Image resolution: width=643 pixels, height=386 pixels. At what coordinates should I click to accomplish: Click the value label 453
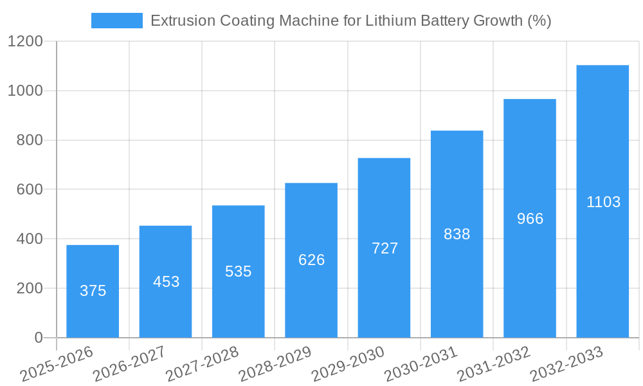(x=166, y=282)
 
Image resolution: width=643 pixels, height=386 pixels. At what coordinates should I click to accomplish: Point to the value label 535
(x=239, y=271)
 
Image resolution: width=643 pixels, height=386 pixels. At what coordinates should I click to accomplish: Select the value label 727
(x=385, y=248)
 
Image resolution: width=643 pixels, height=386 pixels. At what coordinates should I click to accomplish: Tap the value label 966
(x=530, y=219)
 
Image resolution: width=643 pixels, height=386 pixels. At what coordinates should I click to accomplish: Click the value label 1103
(x=603, y=202)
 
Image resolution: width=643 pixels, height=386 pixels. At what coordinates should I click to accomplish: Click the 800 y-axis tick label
(x=30, y=140)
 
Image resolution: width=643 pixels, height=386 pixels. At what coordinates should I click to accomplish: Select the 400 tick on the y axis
(x=30, y=239)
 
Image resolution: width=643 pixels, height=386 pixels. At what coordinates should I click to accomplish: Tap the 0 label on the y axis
(x=39, y=338)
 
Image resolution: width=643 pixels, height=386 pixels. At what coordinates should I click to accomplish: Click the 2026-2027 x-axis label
(x=129, y=364)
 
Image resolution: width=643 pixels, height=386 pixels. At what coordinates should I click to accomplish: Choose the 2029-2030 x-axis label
(x=348, y=364)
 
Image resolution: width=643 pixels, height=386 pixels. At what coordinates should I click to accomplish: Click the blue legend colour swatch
(x=116, y=21)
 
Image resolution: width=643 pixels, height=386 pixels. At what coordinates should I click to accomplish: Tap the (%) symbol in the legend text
(x=539, y=21)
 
